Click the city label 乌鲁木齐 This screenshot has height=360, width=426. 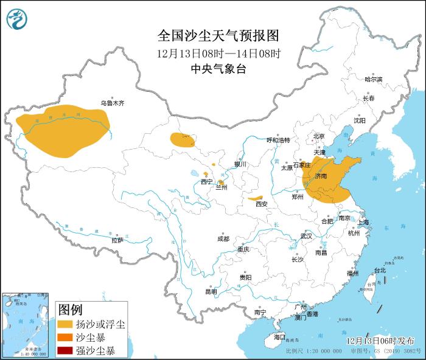(113, 103)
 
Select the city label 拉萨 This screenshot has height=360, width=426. (117, 240)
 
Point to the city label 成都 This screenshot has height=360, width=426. (223, 239)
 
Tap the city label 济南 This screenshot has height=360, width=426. (321, 176)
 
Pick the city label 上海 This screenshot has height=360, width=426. (363, 223)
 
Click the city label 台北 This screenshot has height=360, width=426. (379, 270)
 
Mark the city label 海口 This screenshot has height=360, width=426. (279, 336)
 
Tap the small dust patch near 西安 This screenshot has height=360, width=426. (256, 198)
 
